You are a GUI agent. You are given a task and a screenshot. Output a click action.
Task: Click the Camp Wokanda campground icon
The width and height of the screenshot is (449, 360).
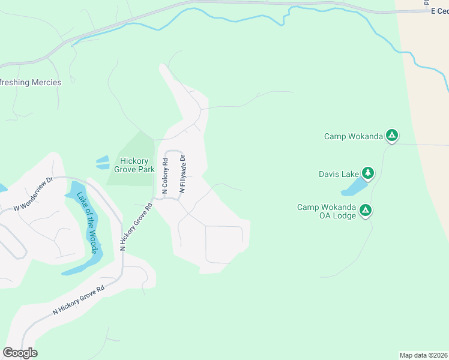(391, 136)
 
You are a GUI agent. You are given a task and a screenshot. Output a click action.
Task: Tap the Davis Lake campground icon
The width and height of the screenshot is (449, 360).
(367, 174)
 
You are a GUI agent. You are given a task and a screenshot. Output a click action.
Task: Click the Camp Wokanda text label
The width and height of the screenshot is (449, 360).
(353, 137)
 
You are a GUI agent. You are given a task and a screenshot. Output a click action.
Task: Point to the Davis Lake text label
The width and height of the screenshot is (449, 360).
(339, 175)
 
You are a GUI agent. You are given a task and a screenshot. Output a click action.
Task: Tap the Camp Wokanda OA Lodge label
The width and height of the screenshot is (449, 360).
(327, 211)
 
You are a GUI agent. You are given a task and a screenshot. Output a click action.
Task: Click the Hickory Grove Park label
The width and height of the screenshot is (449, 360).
(137, 165)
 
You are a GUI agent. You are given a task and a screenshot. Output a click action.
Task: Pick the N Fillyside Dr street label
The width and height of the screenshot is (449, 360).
(182, 174)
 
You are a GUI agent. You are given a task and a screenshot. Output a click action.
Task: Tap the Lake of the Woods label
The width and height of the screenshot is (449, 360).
(85, 223)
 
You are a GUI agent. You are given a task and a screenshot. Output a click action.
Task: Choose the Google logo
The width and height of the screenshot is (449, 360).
(20, 353)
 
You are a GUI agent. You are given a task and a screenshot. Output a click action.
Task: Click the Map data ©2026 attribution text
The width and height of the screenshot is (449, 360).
(423, 355)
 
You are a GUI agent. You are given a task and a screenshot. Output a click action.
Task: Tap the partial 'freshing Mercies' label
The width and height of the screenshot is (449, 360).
(31, 83)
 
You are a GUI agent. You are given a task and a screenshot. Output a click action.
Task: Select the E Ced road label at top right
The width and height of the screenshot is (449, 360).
(439, 11)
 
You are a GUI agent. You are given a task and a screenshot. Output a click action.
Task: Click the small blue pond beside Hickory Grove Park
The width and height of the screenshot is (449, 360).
(102, 162)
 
